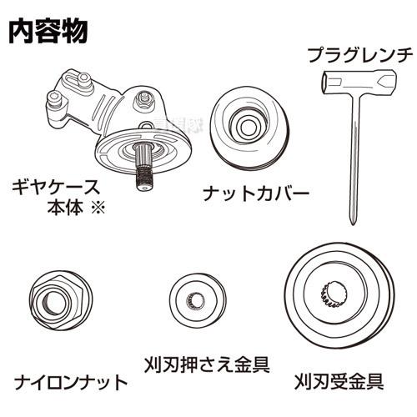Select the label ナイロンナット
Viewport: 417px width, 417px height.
[x=71, y=383]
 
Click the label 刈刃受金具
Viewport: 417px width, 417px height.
[x=339, y=383]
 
